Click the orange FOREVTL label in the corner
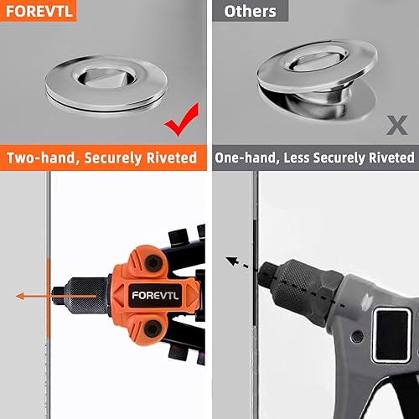[x=39, y=11]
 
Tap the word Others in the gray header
[x=250, y=12]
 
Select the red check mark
[x=182, y=120]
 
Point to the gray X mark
[x=397, y=125]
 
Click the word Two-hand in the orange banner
[x=41, y=158]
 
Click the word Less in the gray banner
[x=297, y=158]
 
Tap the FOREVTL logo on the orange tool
[x=155, y=296]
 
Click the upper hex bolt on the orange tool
[x=153, y=263]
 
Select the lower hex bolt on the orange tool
[x=153, y=328]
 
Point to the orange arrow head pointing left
[x=20, y=296]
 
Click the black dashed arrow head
[x=231, y=261]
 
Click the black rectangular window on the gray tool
[x=391, y=334]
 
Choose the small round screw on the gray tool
[x=357, y=337]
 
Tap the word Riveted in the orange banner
[x=172, y=158]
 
